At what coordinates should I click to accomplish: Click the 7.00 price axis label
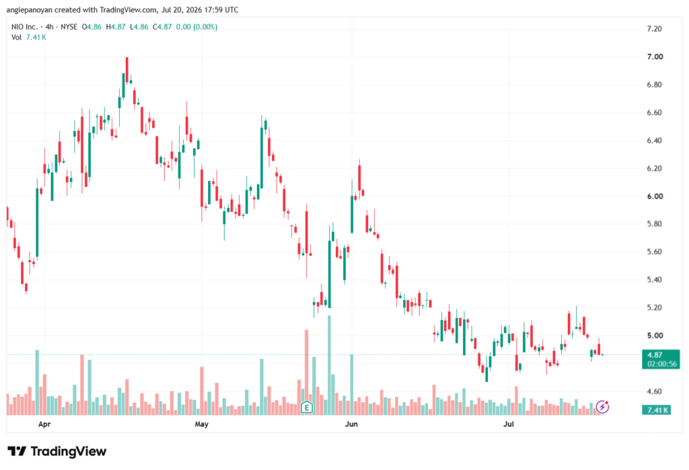tap(655, 56)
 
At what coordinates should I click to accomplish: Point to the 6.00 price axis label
tap(655, 196)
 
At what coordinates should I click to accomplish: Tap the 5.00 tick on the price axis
tap(655, 336)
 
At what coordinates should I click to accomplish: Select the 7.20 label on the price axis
tap(655, 29)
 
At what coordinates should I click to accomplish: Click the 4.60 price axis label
tap(655, 391)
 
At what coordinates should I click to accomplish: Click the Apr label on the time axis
tap(44, 424)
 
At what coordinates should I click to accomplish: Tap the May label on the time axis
tap(201, 424)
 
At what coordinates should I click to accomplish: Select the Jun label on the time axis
tap(351, 424)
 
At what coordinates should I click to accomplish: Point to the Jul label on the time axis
tap(509, 424)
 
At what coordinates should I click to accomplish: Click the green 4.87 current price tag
tap(661, 359)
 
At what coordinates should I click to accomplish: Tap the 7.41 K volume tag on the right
tap(657, 410)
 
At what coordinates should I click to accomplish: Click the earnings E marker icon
tap(307, 407)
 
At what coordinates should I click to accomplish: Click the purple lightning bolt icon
tap(602, 407)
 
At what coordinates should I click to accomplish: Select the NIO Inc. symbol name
tap(25, 27)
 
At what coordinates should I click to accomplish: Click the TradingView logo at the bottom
tap(57, 451)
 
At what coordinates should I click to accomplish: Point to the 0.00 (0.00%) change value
tap(197, 27)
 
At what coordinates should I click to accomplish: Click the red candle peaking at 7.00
tap(127, 69)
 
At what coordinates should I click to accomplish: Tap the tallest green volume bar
tap(329, 366)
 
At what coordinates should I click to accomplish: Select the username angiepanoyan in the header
tap(30, 9)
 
